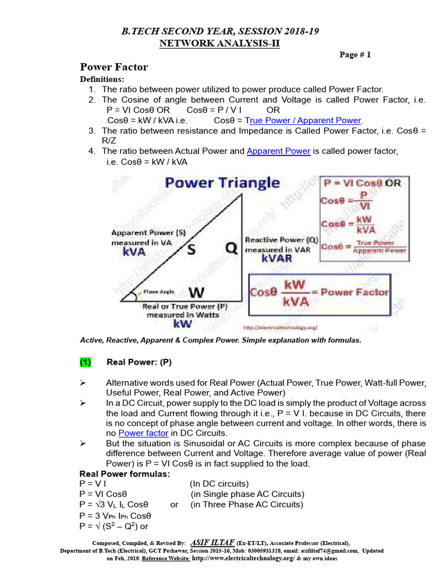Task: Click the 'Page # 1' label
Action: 355,55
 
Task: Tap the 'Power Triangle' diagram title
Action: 222,183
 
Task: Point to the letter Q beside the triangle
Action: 230,248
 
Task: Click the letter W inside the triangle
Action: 196,292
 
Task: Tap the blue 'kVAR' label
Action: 276,259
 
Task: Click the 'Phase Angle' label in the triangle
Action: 158,292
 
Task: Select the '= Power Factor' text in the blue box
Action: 354,292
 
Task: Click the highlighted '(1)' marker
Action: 86,362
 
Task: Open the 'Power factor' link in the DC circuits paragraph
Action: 143,433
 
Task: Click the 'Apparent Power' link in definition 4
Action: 278,151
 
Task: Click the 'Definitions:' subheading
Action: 101,79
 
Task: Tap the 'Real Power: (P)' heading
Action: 139,362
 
